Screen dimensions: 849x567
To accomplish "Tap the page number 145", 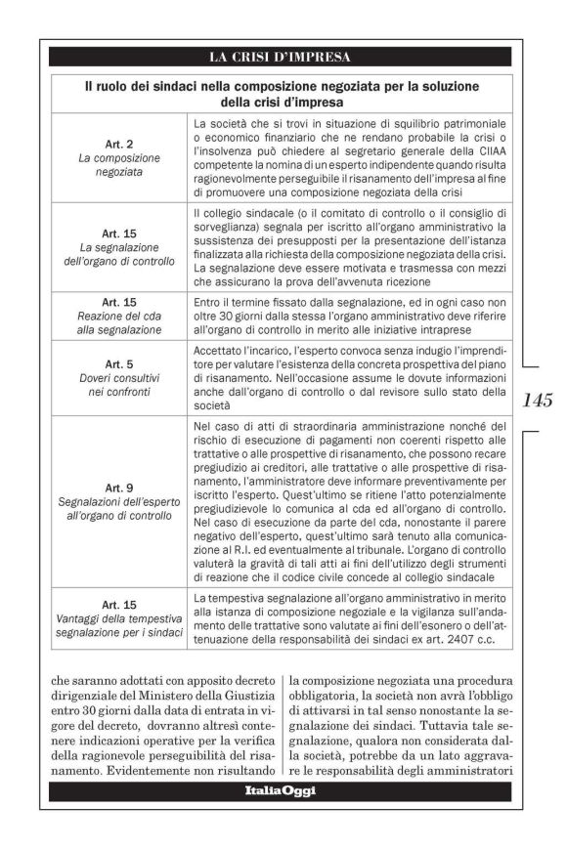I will pyautogui.click(x=537, y=399).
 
